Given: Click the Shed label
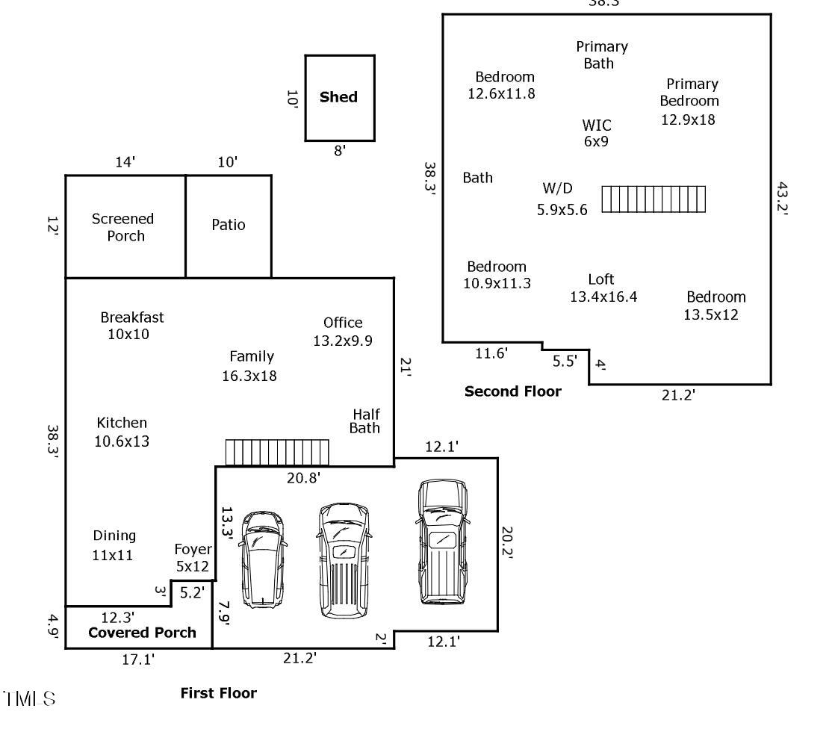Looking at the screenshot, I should (338, 97).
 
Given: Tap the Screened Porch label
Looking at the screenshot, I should (123, 227).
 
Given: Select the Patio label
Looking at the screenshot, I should (228, 225).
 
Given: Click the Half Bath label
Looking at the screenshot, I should (366, 421).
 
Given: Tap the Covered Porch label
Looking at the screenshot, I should (142, 633).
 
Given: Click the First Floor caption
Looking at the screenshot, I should (218, 693).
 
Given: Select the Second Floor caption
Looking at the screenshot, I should (512, 391).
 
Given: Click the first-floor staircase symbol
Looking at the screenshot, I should (277, 453).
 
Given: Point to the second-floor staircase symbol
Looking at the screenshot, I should (654, 199).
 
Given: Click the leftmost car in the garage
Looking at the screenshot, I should (263, 557).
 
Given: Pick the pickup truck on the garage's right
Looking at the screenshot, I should (443, 542).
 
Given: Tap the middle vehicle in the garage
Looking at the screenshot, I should (344, 560).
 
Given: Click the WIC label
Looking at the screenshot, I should (597, 125).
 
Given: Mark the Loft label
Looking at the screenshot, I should (601, 279).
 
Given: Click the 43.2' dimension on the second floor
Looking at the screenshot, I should (782, 198).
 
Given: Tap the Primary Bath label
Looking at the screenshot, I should (601, 55).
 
